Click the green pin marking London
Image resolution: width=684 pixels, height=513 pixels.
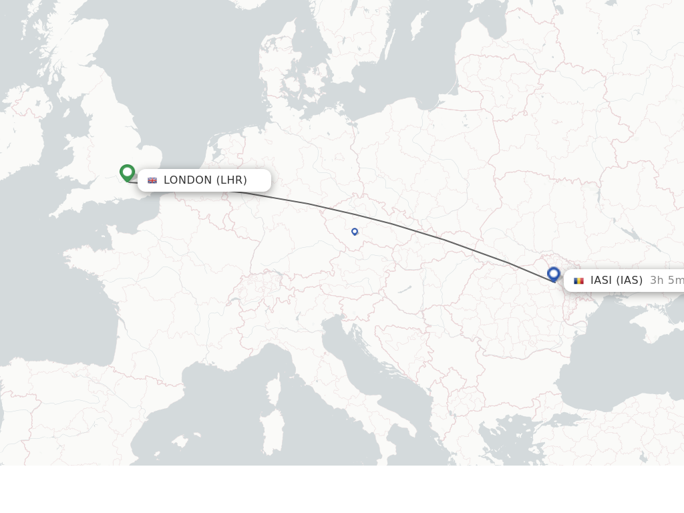pyautogui.click(x=127, y=172)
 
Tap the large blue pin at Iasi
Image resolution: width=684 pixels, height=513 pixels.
pyautogui.click(x=553, y=273)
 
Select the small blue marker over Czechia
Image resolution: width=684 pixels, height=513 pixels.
pyautogui.click(x=355, y=232)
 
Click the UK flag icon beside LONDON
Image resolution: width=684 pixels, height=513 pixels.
pyautogui.click(x=152, y=180)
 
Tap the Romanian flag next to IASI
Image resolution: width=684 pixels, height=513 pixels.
pyautogui.click(x=578, y=281)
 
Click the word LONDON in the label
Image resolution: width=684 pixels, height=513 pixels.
pyautogui.click(x=188, y=180)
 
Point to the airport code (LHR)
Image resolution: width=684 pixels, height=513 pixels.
pyautogui.click(x=232, y=180)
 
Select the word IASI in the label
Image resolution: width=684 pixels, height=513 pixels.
pyautogui.click(x=601, y=281)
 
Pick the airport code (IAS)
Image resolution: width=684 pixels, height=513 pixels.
pyautogui.click(x=629, y=281)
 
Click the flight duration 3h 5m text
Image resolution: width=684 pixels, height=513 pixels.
pyautogui.click(x=667, y=281)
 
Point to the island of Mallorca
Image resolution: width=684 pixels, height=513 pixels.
pyautogui.click(x=179, y=442)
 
